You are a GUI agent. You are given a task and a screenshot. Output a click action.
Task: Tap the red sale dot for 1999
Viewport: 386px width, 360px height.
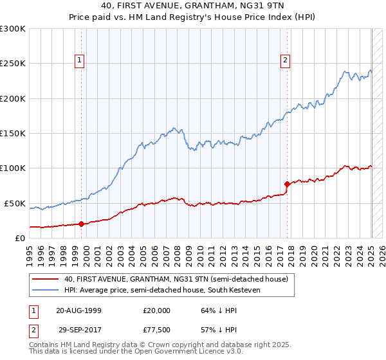pyautogui.click(x=82, y=224)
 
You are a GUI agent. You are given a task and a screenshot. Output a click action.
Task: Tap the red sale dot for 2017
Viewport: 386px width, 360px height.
pyautogui.click(x=287, y=184)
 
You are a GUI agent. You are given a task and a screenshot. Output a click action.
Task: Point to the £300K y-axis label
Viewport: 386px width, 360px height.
pyautogui.click(x=13, y=29)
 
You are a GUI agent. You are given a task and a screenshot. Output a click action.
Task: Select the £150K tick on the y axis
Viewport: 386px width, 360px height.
pyautogui.click(x=13, y=133)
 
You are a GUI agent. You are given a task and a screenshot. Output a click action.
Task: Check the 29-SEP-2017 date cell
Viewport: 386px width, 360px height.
pyautogui.click(x=78, y=328)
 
